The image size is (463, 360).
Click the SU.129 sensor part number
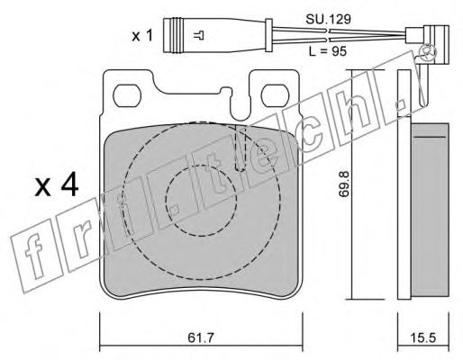[x=328, y=20]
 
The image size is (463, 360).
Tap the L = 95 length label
[x=328, y=51]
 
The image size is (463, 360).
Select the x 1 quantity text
[x=142, y=36]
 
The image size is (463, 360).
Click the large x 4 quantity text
[x=57, y=186]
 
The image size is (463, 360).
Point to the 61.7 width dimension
[x=201, y=338]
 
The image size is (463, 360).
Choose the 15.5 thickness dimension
[x=423, y=338]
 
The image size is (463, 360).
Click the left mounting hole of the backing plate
[x=127, y=95]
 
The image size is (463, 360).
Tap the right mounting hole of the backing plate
[x=275, y=95]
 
